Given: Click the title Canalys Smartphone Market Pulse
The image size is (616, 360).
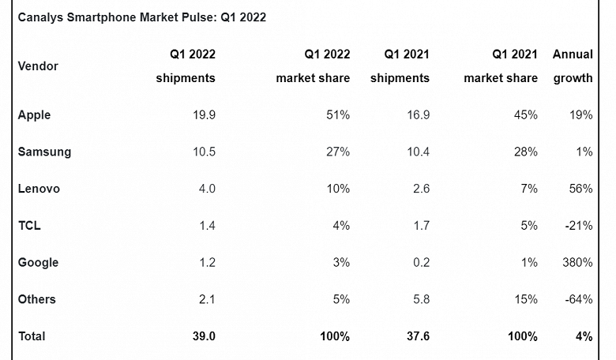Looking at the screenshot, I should tap(141, 17).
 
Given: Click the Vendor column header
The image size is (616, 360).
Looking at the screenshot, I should tap(38, 66).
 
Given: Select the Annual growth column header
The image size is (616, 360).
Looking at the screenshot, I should tap(573, 66).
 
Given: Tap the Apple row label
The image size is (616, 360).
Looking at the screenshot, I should tap(34, 115).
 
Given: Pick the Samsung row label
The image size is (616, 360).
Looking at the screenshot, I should tap(44, 152).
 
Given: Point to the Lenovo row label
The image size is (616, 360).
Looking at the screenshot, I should tap(39, 189).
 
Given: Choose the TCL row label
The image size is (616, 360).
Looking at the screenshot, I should tap(29, 226).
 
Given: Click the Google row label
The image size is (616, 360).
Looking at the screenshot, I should tap(38, 263).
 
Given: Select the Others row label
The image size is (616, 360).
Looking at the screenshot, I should tap(36, 299).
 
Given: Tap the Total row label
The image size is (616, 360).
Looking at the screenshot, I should tap(32, 336).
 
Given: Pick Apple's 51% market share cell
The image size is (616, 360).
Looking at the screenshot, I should tap(338, 115).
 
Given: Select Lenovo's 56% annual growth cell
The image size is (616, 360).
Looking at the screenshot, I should tap(580, 189).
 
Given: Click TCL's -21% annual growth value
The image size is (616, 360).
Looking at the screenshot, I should tap(579, 226).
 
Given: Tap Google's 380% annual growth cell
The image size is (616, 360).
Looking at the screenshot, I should tap(577, 263).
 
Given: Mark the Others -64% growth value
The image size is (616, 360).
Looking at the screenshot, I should tap(579, 299).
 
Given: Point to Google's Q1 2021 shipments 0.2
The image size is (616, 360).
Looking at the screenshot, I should tap(420, 263).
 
